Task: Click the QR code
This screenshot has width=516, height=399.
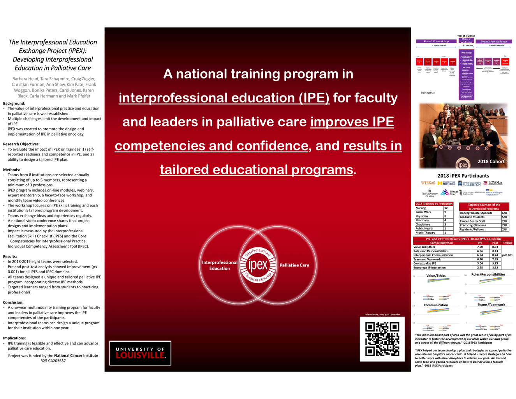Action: point(382,339)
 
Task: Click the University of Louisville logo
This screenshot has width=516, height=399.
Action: point(140,353)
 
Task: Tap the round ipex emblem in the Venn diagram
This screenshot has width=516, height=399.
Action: point(258,265)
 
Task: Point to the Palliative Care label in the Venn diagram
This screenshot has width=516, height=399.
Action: point(294,265)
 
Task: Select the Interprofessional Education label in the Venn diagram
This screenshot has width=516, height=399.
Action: point(220,265)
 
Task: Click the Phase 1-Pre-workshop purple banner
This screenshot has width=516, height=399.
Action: point(436,41)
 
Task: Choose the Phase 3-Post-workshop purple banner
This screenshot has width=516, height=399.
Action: point(494,41)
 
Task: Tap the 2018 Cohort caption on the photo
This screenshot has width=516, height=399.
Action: point(491,161)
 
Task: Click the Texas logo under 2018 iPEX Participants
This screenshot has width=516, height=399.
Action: point(428,183)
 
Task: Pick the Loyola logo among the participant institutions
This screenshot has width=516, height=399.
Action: point(493,183)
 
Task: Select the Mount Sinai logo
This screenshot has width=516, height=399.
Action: point(449,192)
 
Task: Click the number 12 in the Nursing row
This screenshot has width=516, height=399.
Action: point(446,208)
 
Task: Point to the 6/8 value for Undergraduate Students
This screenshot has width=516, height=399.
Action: point(504,213)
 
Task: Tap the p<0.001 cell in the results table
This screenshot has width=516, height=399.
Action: point(507,255)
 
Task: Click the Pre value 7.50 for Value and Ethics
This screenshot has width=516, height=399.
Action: point(480,247)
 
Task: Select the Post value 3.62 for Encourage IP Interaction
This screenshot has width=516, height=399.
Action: point(495,268)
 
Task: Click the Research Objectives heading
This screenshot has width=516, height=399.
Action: point(21,144)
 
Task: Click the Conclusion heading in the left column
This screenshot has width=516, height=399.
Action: point(13,302)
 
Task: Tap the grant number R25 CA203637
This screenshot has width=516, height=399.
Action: point(53,361)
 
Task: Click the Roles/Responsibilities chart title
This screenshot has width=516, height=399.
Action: point(488,274)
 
